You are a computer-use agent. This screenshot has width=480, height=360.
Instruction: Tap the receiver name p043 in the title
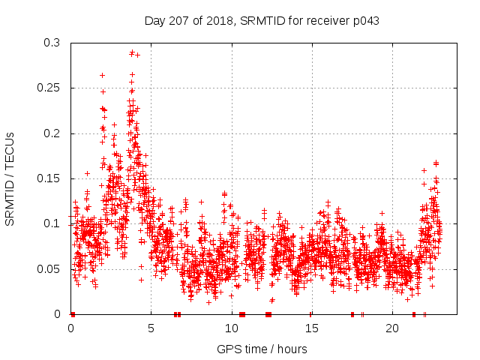(364, 21)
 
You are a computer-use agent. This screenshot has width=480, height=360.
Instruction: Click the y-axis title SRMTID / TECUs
(10, 178)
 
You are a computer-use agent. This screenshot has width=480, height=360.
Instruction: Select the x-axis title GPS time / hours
(262, 349)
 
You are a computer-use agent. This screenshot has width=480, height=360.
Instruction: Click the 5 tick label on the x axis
(151, 328)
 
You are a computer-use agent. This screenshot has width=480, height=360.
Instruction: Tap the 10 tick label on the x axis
(232, 328)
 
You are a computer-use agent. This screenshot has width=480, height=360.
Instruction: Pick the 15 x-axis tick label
(312, 328)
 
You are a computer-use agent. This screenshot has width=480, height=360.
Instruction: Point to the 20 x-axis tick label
(392, 328)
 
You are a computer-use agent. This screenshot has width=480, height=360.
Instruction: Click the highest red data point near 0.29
(132, 52)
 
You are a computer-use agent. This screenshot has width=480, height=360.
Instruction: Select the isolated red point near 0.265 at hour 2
(102, 75)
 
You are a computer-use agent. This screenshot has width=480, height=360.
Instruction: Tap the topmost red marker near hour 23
(436, 163)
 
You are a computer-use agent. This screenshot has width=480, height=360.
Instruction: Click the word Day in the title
(154, 21)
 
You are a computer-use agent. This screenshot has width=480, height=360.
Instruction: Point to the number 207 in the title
(177, 21)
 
